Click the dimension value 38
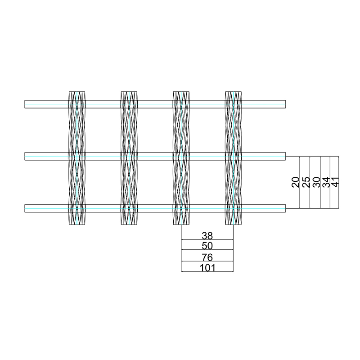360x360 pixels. click(x=207, y=235)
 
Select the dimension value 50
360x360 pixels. click(x=207, y=246)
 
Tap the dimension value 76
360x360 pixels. click(x=207, y=257)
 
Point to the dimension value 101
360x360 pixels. click(x=207, y=268)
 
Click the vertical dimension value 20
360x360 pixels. click(x=296, y=182)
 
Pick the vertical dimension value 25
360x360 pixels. click(x=306, y=182)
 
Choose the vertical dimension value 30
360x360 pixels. click(x=316, y=182)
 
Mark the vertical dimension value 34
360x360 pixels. click(x=326, y=182)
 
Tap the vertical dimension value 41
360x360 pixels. click(x=335, y=182)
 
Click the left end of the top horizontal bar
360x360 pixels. click(x=25, y=104)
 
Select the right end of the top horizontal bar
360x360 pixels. click(x=285, y=104)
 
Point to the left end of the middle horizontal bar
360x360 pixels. click(x=25, y=156)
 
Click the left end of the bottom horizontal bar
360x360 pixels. click(x=25, y=208)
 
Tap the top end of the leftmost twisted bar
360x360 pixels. click(x=77, y=92)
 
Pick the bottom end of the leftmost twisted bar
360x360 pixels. click(x=77, y=225)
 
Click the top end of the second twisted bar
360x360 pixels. click(x=129, y=92)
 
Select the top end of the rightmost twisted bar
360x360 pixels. click(x=233, y=92)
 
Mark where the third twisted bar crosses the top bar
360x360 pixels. click(x=181, y=104)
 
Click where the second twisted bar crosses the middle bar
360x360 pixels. click(x=129, y=156)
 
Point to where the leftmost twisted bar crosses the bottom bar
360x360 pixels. click(x=77, y=208)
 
